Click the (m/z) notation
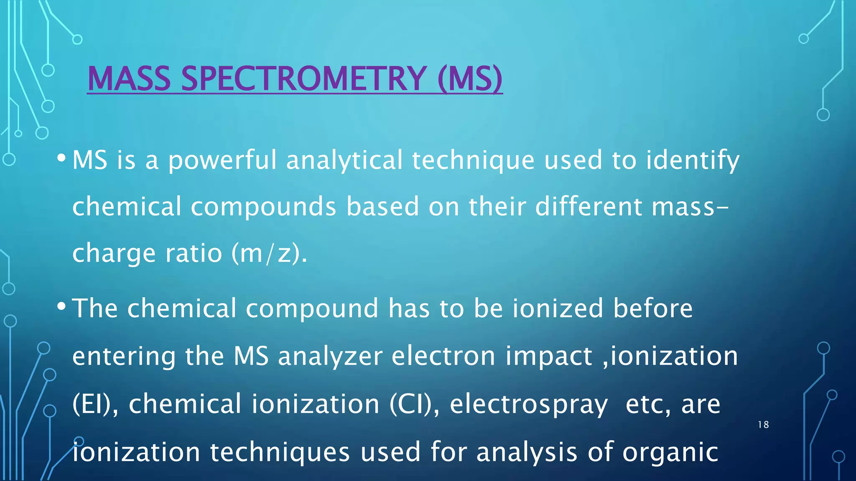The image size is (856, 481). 266,253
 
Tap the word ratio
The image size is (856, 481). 194,253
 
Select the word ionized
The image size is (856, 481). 558,308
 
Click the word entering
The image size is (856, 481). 124,357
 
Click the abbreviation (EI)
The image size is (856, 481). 92,404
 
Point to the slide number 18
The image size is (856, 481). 763,425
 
